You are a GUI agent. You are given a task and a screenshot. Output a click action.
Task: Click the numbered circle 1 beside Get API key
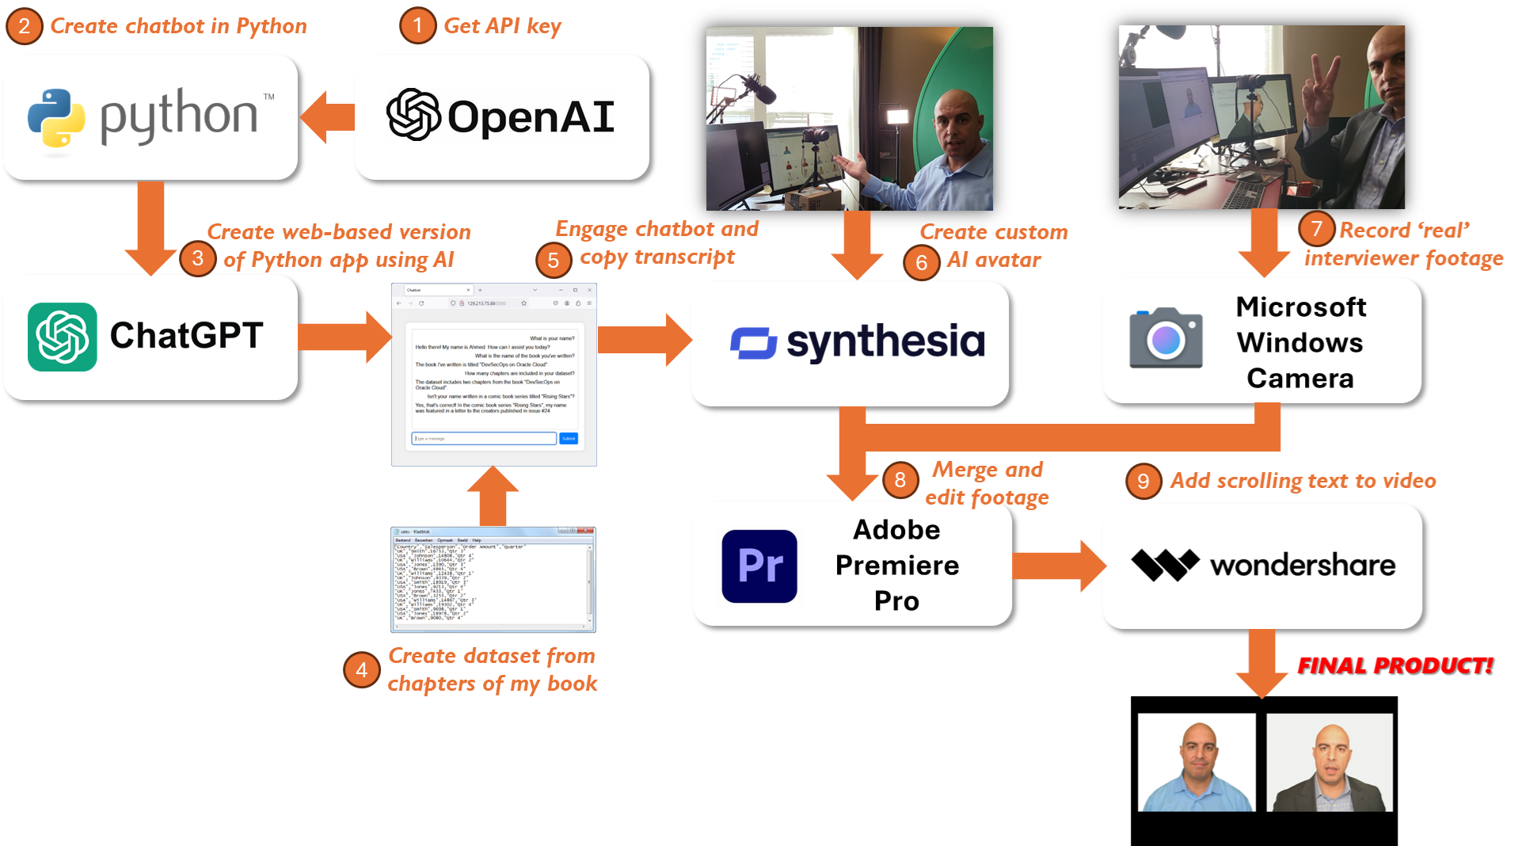[417, 26]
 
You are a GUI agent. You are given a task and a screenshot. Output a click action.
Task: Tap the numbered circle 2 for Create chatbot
[25, 26]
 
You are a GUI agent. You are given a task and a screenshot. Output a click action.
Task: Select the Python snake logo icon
[56, 118]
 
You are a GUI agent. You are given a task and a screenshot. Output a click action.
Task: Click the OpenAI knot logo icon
[413, 115]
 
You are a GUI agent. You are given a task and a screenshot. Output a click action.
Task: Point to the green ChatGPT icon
[63, 337]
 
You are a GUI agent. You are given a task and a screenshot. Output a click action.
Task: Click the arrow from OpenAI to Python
[328, 117]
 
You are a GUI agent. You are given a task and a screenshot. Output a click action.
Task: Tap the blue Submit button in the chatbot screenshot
[569, 438]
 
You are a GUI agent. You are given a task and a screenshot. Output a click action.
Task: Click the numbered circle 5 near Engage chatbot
[554, 260]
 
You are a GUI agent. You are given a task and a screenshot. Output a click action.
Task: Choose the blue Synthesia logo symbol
[753, 343]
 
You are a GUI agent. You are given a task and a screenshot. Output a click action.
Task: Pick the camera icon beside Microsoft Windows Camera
[1166, 338]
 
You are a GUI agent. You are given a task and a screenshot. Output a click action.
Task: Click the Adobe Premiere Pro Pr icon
[759, 566]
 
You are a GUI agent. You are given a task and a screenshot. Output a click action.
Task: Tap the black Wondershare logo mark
[1165, 565]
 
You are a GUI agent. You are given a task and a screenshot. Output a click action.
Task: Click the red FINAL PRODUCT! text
[1395, 665]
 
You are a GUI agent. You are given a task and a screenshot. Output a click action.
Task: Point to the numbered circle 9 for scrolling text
[1143, 481]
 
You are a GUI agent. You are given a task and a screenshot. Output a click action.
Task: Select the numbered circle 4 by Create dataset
[362, 670]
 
